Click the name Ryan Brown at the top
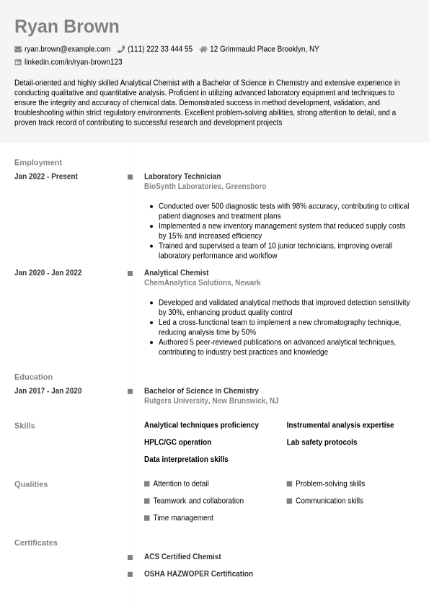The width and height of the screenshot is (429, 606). (x=66, y=27)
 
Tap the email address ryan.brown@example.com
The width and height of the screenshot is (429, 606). (x=67, y=49)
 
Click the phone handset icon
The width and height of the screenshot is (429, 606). (x=121, y=50)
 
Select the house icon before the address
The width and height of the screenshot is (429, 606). (x=203, y=50)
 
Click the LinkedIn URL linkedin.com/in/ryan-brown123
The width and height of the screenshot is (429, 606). (x=73, y=62)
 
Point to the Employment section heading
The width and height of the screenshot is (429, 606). (x=38, y=162)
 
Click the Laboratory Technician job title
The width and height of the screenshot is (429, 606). (x=182, y=177)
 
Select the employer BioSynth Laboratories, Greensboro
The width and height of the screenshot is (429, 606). (x=205, y=187)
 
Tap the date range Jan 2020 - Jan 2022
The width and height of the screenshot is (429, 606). (x=48, y=273)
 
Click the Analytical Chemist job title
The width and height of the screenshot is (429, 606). (x=176, y=273)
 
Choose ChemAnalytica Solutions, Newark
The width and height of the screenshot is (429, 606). (x=202, y=283)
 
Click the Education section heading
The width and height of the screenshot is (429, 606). (x=33, y=377)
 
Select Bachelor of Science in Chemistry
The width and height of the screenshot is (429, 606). (x=201, y=391)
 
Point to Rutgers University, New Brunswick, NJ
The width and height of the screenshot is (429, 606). (x=211, y=401)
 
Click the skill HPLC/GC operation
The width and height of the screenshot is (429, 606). (x=177, y=442)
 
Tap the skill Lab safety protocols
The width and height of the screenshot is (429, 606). (x=322, y=442)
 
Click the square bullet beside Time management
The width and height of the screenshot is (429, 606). (x=147, y=518)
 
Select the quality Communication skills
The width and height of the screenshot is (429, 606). (x=329, y=501)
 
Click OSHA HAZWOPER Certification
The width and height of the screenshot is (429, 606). (x=198, y=574)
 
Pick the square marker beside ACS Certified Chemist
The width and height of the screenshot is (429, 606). (x=131, y=557)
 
